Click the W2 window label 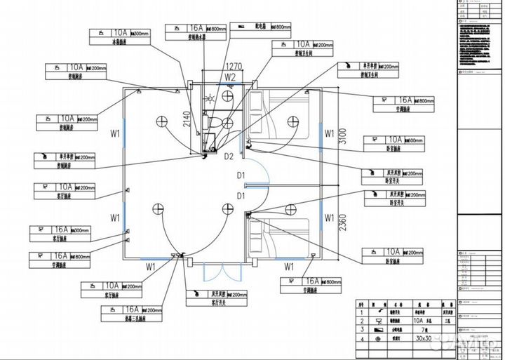coord(229,76)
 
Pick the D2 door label coord(228,156)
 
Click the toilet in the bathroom coord(226,123)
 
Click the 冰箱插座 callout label coord(119,42)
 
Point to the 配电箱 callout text coord(255,26)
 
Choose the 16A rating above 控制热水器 coord(196,28)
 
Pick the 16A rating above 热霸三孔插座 coord(132,309)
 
